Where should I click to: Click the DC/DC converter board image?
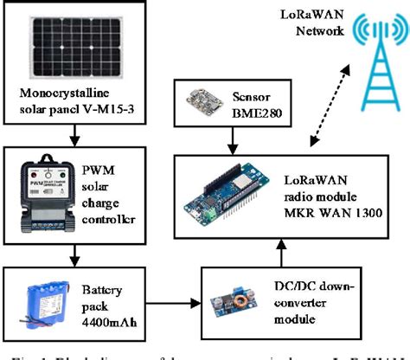(x=233, y=304)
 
